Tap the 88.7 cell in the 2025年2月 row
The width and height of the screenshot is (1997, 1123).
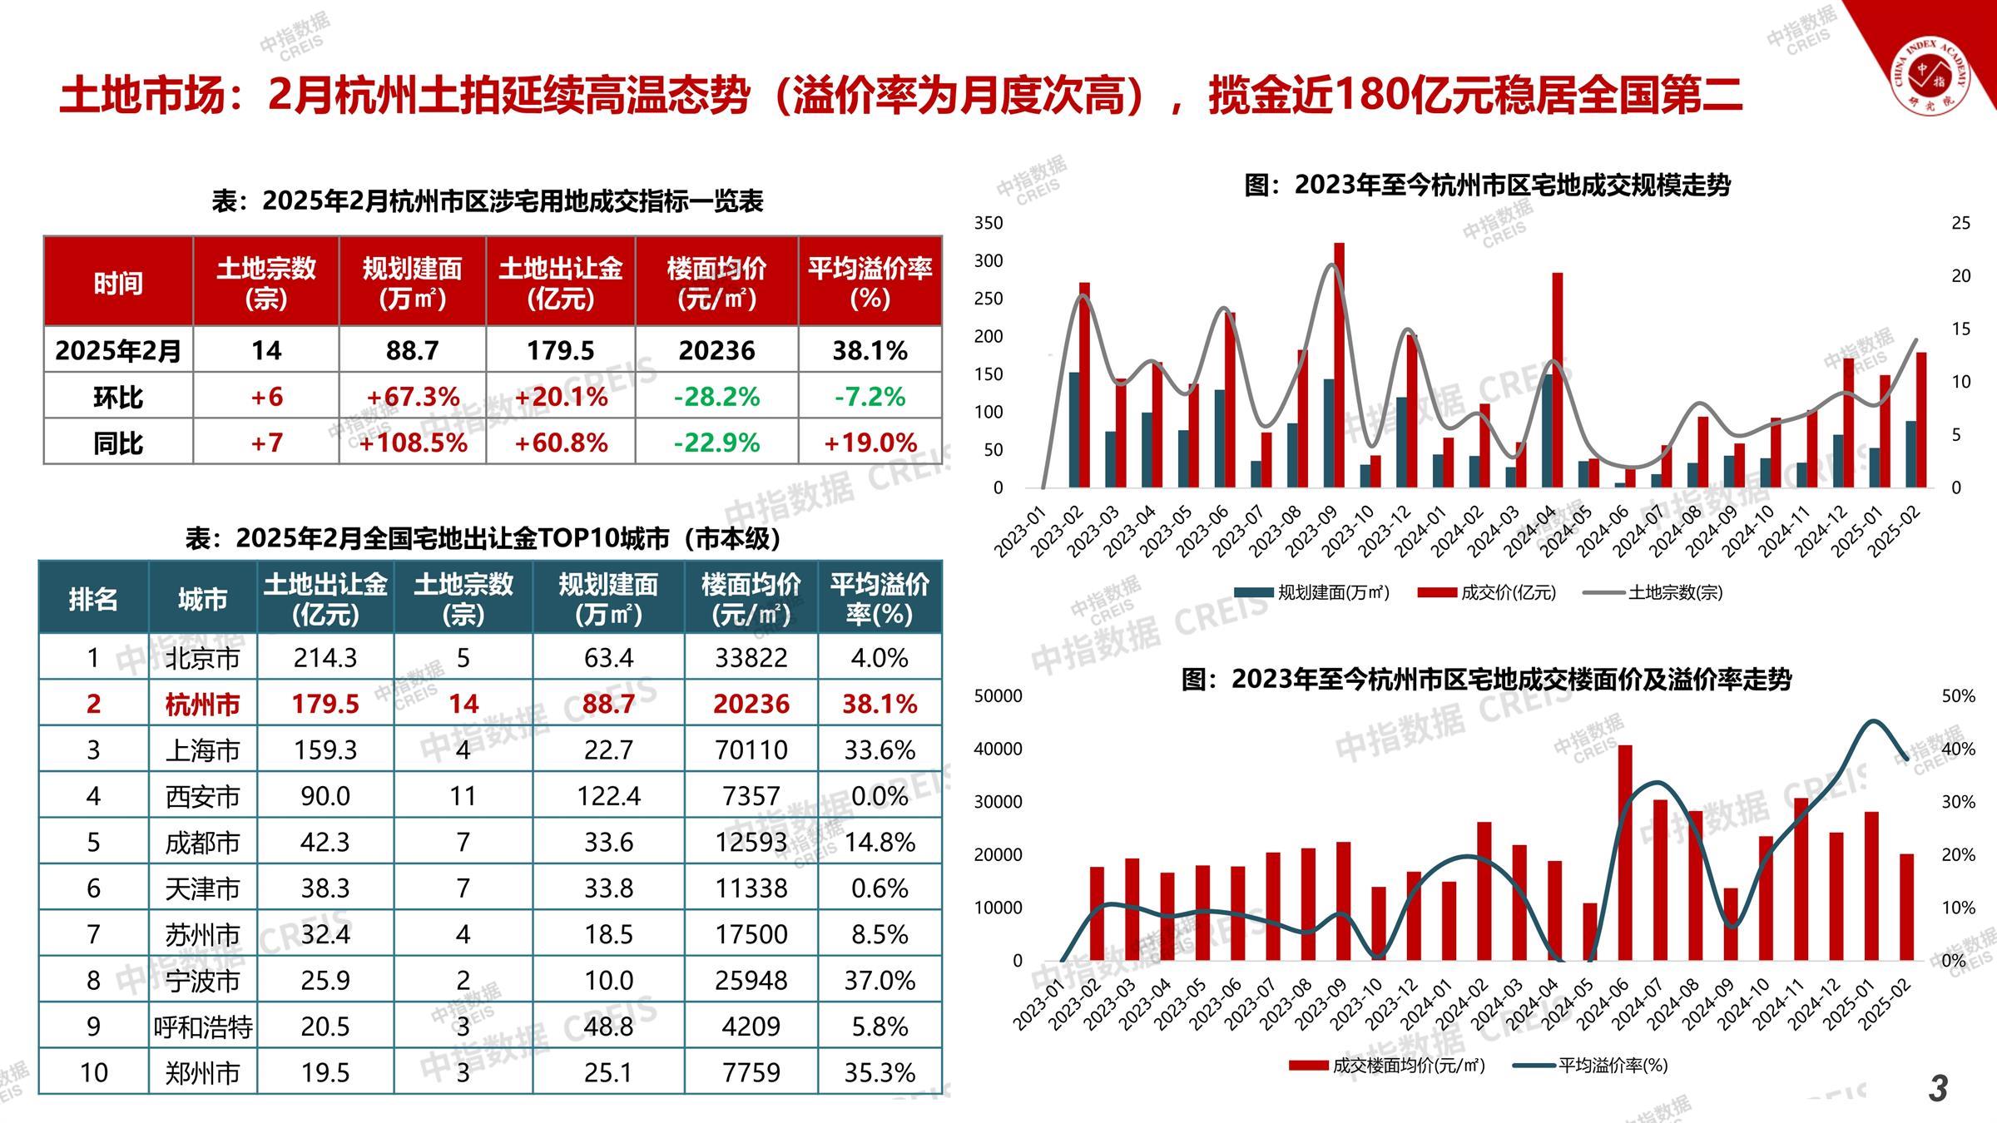tap(412, 350)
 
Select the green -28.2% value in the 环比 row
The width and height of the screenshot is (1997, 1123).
tap(716, 397)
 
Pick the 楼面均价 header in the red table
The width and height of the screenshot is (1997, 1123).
tap(716, 282)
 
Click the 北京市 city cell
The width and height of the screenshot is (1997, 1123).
tap(202, 658)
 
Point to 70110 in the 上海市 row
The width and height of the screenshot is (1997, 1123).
tap(751, 750)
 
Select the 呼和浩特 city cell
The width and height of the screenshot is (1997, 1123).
tap(202, 1027)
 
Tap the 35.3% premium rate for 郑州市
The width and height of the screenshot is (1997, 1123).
tap(880, 1072)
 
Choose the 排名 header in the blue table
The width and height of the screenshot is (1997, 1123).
tap(93, 598)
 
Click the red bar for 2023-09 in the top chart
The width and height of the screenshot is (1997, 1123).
tap(1339, 366)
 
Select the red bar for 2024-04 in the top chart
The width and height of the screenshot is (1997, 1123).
tap(1557, 379)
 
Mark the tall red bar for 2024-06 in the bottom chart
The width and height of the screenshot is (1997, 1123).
tap(1625, 853)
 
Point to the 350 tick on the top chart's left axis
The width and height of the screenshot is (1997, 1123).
tap(989, 223)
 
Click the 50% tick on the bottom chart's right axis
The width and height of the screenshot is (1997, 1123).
tap(1958, 696)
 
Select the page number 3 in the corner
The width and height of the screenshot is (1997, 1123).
tap(1938, 1089)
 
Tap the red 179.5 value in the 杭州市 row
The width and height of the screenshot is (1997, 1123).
tap(325, 704)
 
